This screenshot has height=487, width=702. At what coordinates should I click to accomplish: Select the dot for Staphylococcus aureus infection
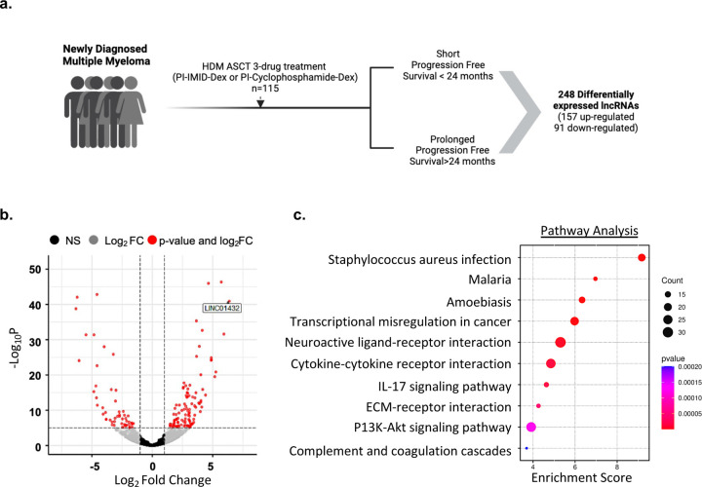[642, 257]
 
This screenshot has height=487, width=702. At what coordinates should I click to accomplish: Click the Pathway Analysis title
[589, 230]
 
